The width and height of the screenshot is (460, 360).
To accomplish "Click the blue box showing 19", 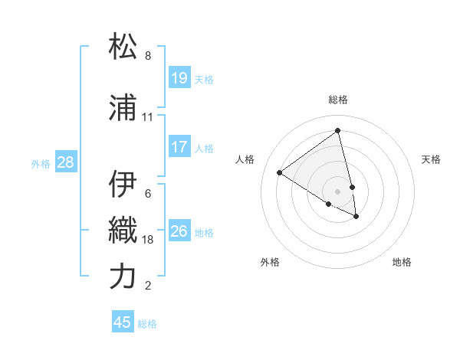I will coord(179,78).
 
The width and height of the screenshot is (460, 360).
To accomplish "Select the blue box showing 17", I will coord(179,147).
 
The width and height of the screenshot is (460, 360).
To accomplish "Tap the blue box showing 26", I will coord(179,231).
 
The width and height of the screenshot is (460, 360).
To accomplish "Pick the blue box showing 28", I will coord(65,162).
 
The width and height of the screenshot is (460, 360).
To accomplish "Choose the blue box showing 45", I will coord(123,322).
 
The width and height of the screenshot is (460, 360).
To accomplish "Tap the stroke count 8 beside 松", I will coord(148,56).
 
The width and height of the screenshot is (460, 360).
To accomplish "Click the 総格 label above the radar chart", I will coord(338,100).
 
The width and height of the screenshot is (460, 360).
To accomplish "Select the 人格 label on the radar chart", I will coord(245,159).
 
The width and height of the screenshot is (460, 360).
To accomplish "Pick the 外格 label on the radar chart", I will coord(270,262).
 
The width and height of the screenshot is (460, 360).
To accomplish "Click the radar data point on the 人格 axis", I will coord(279,172).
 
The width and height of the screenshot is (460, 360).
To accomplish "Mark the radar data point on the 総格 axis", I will coord(338,131).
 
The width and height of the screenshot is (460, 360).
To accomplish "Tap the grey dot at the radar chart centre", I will coord(338,191).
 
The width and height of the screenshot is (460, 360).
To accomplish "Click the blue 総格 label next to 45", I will coord(147,324).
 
